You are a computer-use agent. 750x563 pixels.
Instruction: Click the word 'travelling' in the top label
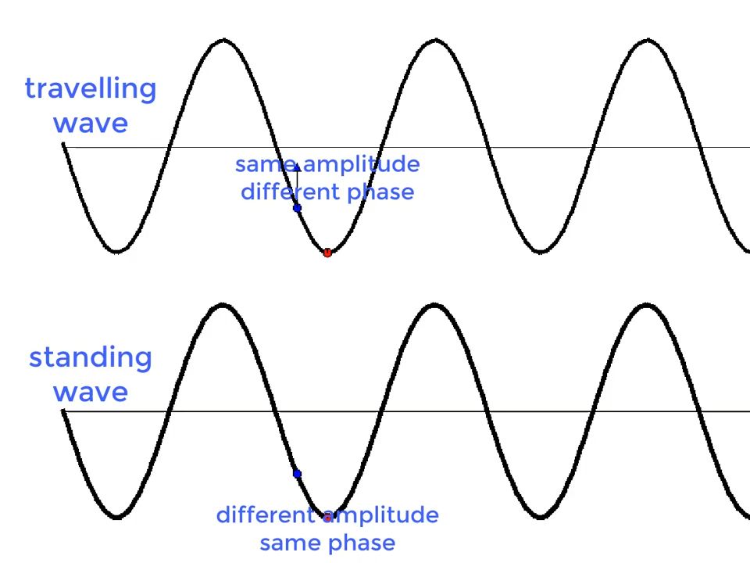coord(91,89)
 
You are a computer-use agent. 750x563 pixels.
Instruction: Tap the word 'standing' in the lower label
coord(91,357)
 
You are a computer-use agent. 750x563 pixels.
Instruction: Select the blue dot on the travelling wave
coord(297,208)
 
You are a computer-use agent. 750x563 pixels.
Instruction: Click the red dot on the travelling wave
coord(327,253)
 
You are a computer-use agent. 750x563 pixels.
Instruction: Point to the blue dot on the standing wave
coord(297,474)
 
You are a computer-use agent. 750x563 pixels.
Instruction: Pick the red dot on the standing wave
coord(327,518)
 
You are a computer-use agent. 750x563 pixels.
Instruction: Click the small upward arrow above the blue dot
coord(297,184)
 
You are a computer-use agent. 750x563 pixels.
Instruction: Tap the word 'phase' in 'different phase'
coord(380,192)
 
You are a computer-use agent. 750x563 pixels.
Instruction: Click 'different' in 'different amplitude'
coord(266,515)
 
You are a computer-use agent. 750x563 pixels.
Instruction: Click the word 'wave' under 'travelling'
coord(91,124)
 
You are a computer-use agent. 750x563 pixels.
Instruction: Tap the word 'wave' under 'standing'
coord(91,393)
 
